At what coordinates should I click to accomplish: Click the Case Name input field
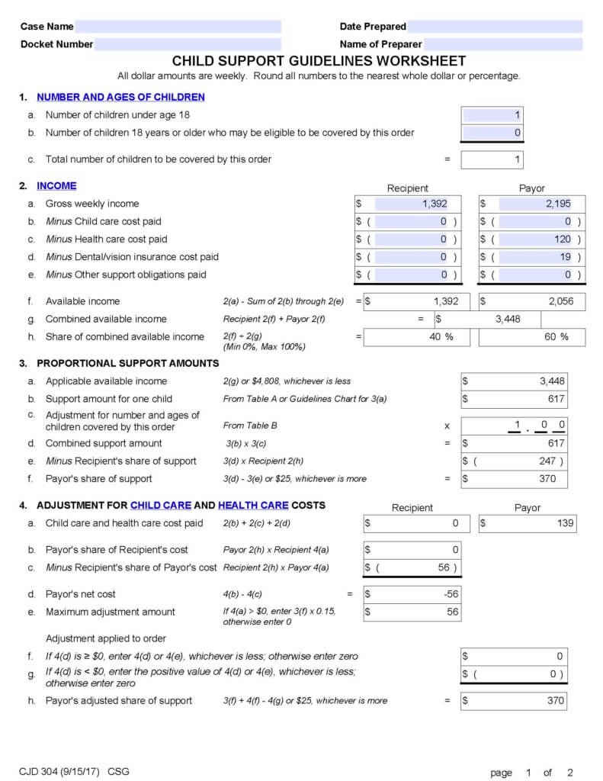click(x=178, y=27)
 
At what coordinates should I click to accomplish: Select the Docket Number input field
click(x=188, y=44)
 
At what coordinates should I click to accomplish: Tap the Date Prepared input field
click(x=495, y=27)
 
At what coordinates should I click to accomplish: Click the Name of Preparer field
click(x=502, y=44)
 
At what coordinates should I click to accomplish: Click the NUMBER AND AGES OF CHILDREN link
click(x=120, y=97)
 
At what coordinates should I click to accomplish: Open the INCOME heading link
click(x=56, y=185)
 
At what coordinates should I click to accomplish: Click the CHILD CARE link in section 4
click(x=161, y=505)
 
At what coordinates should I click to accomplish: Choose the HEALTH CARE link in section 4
click(x=253, y=505)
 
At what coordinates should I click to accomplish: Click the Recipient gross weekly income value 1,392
click(x=415, y=204)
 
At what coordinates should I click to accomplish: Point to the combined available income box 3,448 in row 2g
click(x=488, y=319)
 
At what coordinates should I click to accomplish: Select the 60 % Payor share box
click(x=532, y=337)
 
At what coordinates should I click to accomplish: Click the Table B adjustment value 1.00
click(x=537, y=425)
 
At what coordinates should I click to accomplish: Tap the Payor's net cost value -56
click(x=412, y=594)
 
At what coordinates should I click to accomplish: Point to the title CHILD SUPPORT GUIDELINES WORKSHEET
click(x=319, y=61)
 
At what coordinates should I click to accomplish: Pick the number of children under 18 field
click(x=492, y=115)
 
